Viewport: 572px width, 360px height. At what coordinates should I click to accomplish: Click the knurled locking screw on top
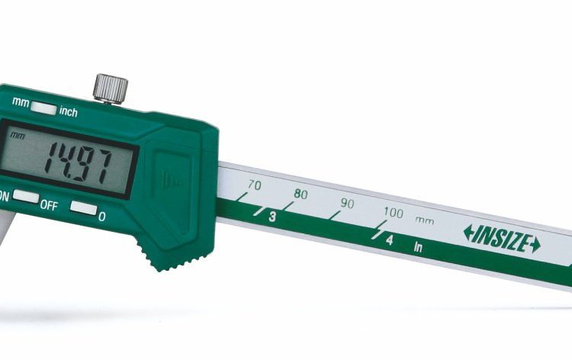110,89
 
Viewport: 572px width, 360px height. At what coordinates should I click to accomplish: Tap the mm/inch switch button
43,108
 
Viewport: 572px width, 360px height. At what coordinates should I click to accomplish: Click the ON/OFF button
26,196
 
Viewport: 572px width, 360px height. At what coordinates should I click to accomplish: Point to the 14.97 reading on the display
78,163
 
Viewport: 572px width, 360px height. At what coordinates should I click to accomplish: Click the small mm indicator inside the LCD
17,136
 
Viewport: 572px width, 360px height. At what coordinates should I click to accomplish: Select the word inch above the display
68,111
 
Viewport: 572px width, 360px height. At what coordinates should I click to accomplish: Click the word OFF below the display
49,205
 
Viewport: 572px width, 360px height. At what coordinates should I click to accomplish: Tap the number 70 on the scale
254,185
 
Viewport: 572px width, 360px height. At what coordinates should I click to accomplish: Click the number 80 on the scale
300,194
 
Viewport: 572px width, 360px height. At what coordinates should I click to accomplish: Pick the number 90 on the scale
347,204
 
